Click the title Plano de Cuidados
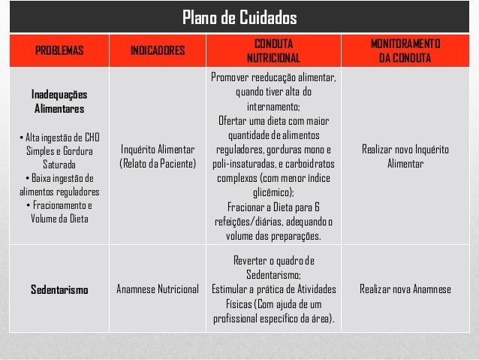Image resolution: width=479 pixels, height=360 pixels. pyautogui.click(x=239, y=17)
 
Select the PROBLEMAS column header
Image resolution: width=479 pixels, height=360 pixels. pyautogui.click(x=57, y=51)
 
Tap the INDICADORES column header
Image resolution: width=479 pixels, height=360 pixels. pyautogui.click(x=157, y=51)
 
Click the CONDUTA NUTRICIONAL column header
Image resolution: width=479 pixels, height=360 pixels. pyautogui.click(x=273, y=51)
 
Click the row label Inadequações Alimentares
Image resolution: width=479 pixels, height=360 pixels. pyautogui.click(x=58, y=102)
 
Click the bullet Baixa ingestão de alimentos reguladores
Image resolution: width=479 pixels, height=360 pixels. pyautogui.click(x=58, y=185)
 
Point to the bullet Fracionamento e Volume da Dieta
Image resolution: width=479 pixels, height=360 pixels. pyautogui.click(x=58, y=213)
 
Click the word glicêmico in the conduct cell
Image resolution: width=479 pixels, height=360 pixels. pyautogui.click(x=273, y=192)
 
